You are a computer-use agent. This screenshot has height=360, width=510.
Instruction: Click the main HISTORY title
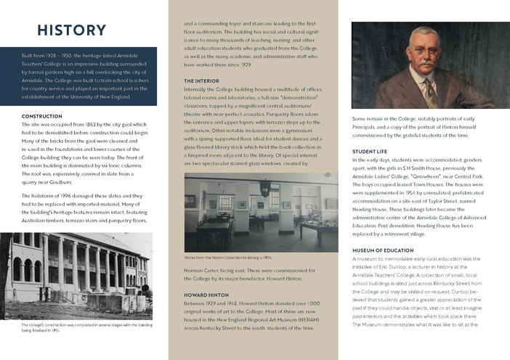point(71,30)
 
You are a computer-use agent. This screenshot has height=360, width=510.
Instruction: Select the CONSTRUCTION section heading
point(47,116)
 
